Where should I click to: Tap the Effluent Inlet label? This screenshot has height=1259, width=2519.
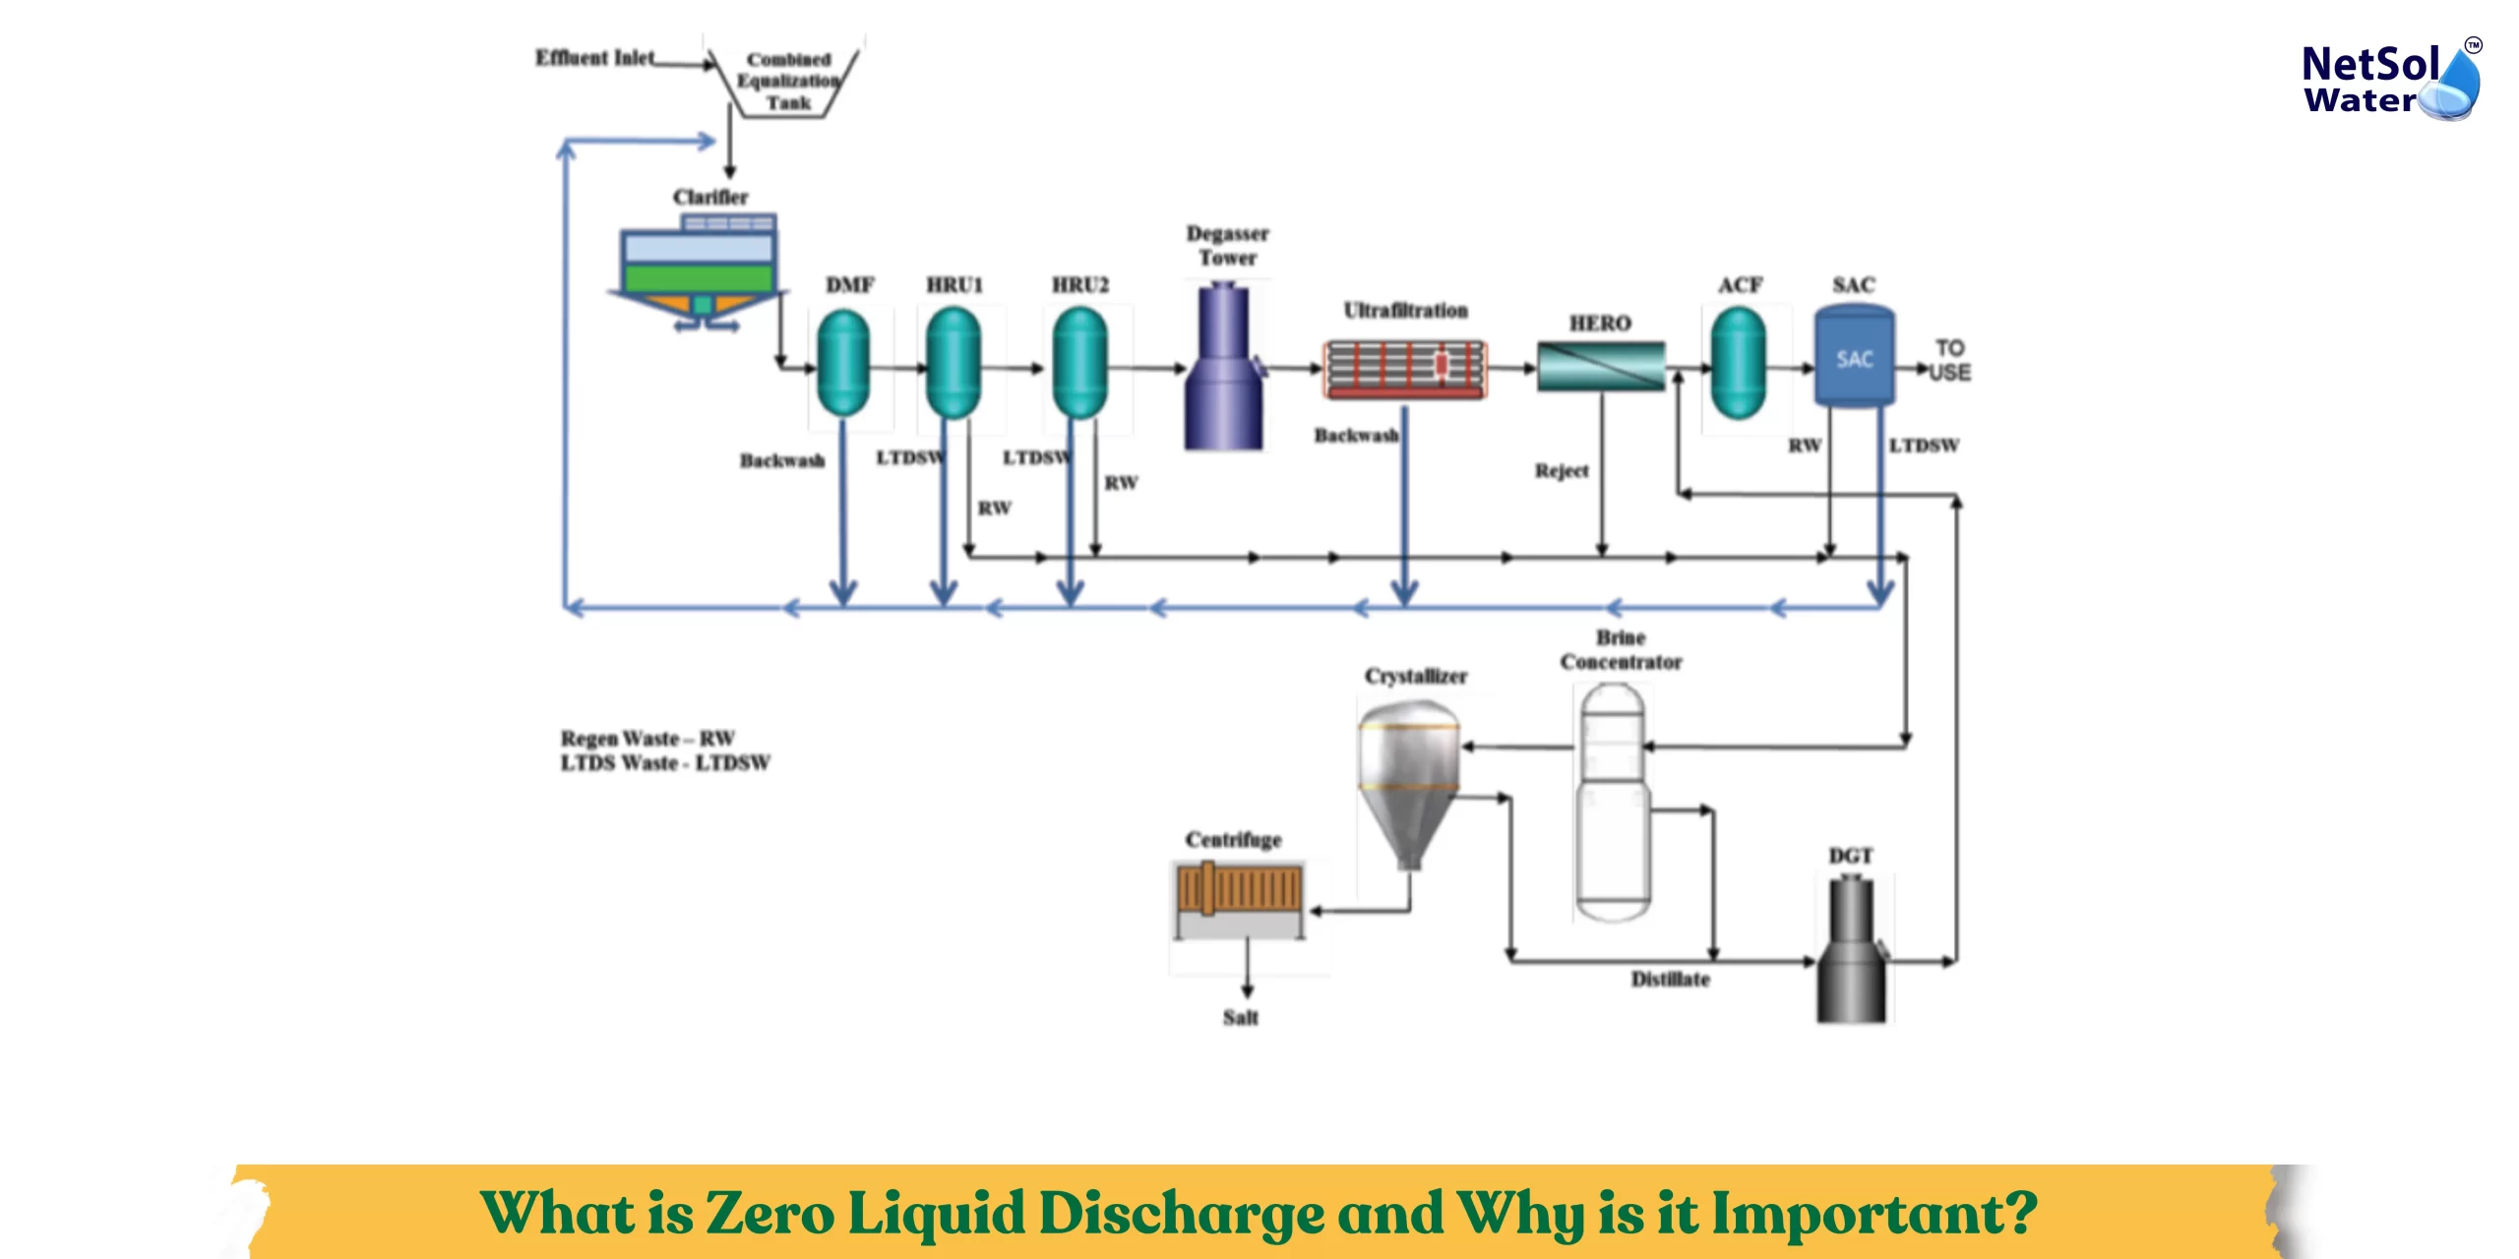pos(594,58)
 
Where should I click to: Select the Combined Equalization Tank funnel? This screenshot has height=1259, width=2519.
pos(787,82)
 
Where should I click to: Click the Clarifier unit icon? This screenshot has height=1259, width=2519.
pos(699,270)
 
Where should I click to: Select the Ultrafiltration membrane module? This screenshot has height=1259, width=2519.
pos(1404,368)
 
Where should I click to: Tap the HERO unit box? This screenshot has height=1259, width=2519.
pos(1601,366)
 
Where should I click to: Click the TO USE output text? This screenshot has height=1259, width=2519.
pos(1950,360)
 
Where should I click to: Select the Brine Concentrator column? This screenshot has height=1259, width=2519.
pos(1611,802)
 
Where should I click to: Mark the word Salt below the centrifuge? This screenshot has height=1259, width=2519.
pos(1240,1018)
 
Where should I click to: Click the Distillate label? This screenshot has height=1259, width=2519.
pos(1670,980)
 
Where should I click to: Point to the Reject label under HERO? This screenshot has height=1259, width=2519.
pos(1562,471)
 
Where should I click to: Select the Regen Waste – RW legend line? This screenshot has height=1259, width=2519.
pos(647,738)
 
